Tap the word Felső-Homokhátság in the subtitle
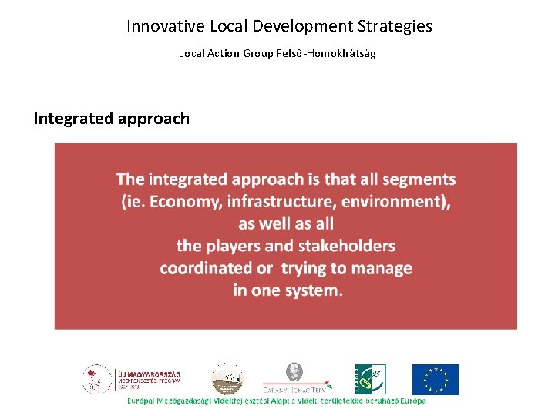coord(332,53)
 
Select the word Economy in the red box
coord(181,202)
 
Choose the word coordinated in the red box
coord(206,269)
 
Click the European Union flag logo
coord(435,379)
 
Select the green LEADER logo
coord(370,379)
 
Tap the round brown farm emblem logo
coord(227,378)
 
